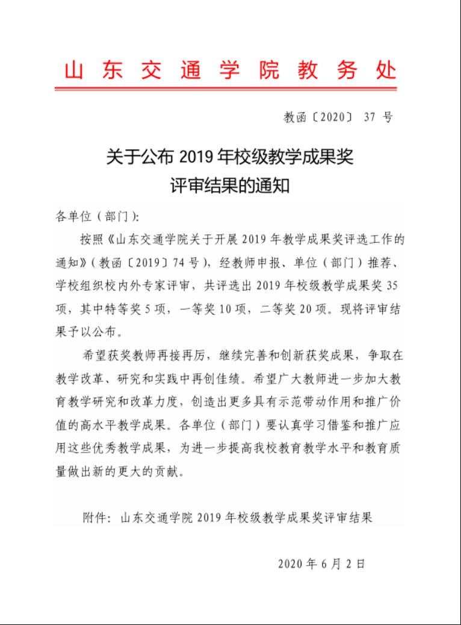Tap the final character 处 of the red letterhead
[386, 71]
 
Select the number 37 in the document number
[370, 118]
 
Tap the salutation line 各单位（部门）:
[97, 216]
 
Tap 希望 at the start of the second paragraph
[91, 356]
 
